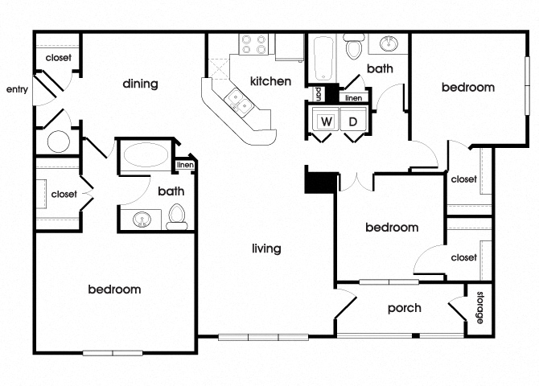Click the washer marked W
click(327, 121)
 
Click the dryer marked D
click(353, 121)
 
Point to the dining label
click(140, 84)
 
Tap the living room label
click(265, 248)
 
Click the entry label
click(17, 89)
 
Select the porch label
click(404, 308)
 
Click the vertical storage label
click(480, 308)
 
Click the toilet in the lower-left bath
click(176, 217)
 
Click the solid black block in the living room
click(317, 181)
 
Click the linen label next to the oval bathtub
click(184, 166)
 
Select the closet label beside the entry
click(57, 58)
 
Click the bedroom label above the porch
click(392, 228)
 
